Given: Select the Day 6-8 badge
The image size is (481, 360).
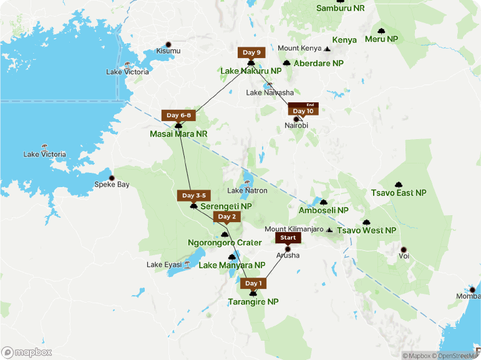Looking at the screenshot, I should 180,115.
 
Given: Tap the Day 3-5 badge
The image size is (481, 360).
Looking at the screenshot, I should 193,195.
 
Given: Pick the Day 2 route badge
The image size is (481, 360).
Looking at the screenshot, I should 225,216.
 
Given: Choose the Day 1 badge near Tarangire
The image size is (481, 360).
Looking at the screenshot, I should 253,283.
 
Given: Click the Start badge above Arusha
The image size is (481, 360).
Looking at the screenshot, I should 288,238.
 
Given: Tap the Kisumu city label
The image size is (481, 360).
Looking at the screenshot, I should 167,51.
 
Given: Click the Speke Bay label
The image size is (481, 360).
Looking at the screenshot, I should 112,184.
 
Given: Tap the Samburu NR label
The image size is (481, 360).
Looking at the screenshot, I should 340,8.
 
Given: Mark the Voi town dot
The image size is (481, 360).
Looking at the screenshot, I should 403,249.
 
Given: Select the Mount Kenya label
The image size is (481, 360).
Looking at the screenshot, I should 299,48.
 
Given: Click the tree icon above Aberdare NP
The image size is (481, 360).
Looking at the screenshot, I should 286,63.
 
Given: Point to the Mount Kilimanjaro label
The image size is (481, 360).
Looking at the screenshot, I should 297,230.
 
